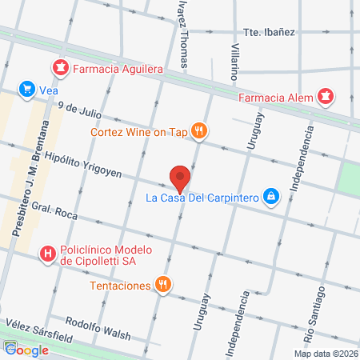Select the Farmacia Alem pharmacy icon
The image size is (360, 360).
[x=325, y=98]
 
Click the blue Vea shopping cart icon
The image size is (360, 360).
[x=27, y=90]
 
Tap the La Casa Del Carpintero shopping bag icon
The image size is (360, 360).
[x=272, y=196]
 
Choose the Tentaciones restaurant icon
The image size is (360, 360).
[x=163, y=285]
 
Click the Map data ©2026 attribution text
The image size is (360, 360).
[x=324, y=353]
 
